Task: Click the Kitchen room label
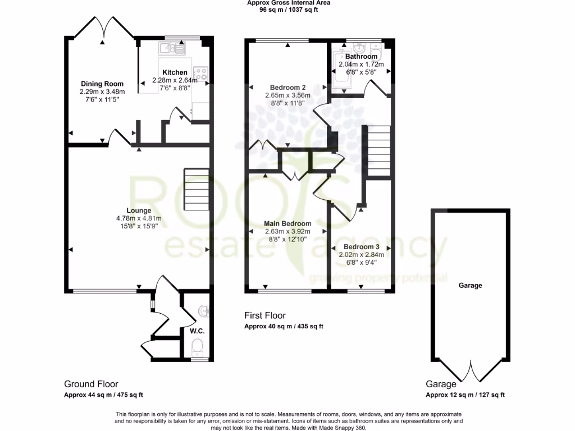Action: (x=175, y=72)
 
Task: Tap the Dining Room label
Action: (x=102, y=84)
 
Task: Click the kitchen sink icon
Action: (x=173, y=48)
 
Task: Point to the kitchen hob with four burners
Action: (x=200, y=74)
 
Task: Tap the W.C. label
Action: (x=197, y=331)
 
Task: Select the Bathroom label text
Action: (x=361, y=57)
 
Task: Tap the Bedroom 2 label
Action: (x=287, y=88)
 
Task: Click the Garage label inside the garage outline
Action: (x=470, y=285)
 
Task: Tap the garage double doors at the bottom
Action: (x=471, y=372)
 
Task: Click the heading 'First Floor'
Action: (x=265, y=315)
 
